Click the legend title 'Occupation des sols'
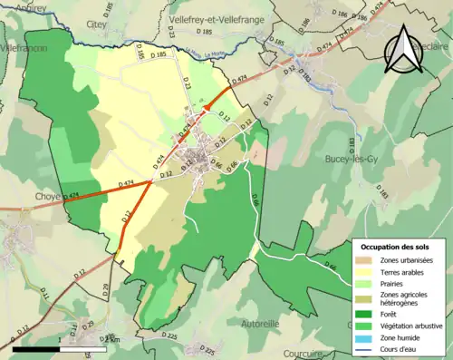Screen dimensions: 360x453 [398, 247]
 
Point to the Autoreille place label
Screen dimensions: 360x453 [261, 322]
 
